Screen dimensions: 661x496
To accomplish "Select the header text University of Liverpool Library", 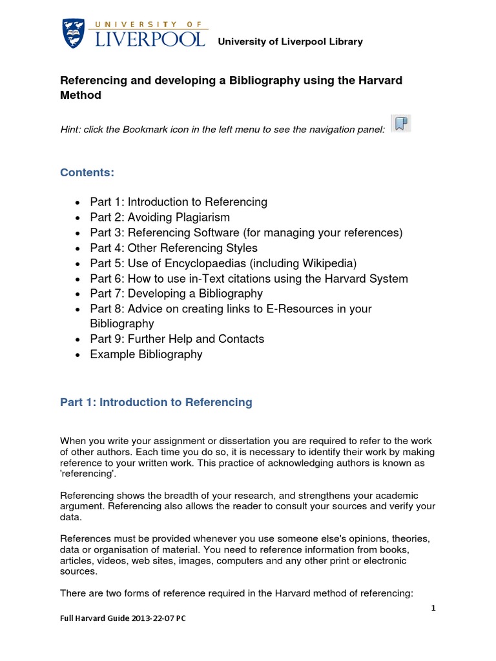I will click(x=290, y=42).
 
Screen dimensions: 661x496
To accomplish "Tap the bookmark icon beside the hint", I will click(x=401, y=124).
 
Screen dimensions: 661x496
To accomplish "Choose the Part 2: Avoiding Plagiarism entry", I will click(x=160, y=218).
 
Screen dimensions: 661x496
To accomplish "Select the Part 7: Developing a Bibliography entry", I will click(x=176, y=294).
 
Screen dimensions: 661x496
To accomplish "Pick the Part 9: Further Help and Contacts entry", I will click(x=177, y=339).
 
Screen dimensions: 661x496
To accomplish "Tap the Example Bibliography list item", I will click(x=146, y=354).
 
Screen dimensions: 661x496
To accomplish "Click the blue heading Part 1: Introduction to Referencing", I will click(x=156, y=402).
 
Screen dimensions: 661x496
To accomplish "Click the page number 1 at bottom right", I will click(x=434, y=608).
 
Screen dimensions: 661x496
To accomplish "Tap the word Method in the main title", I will click(x=81, y=96).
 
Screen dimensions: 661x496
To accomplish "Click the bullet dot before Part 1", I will click(x=77, y=203).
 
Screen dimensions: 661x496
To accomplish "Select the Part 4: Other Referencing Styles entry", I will click(x=174, y=248).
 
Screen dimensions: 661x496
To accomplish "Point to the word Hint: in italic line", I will click(x=71, y=130).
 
